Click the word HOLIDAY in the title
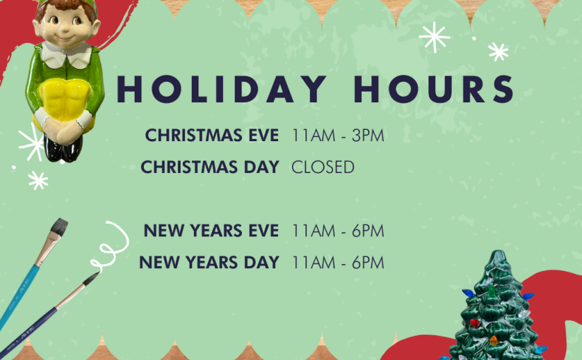(222, 89)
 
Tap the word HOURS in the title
(434, 89)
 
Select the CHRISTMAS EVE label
(212, 136)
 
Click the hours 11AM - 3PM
(338, 136)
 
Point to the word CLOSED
(323, 167)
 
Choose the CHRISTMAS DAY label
(210, 167)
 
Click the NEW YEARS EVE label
(211, 231)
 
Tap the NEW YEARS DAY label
(209, 263)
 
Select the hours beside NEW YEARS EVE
(338, 231)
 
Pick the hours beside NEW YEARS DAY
(338, 263)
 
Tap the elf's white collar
(66, 55)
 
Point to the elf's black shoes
(62, 149)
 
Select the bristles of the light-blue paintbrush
(59, 227)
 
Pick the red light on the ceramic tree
(475, 322)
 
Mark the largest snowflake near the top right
(434, 37)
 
